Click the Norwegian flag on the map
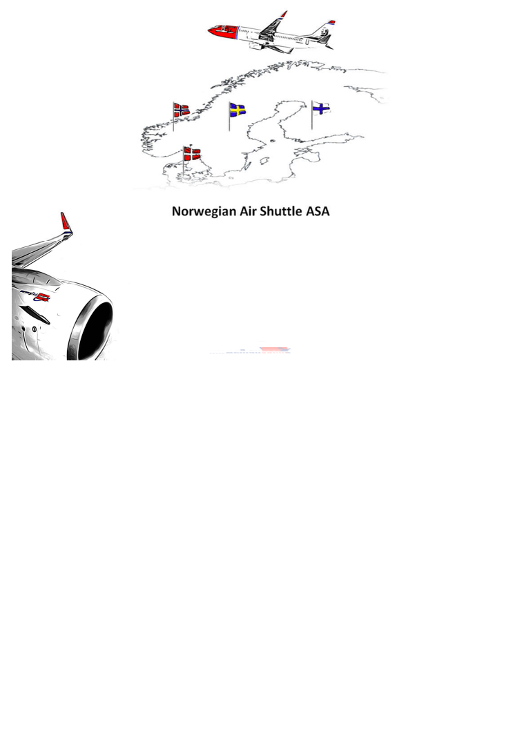pyautogui.click(x=182, y=110)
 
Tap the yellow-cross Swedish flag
pyautogui.click(x=237, y=110)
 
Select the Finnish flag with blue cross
pyautogui.click(x=321, y=109)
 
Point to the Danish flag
pyautogui.click(x=192, y=154)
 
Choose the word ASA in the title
pyautogui.click(x=318, y=211)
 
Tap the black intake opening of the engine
pyautogui.click(x=96, y=331)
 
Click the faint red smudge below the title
pyautogui.click(x=274, y=349)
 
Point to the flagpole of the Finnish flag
pyautogui.click(x=312, y=115)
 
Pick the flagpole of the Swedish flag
pyautogui.click(x=229, y=117)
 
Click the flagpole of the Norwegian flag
pyautogui.click(x=173, y=117)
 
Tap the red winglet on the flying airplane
pyautogui.click(x=283, y=14)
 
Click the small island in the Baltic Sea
pyautogui.click(x=264, y=161)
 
